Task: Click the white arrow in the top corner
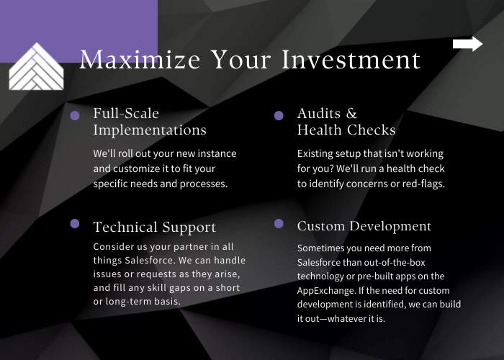click(x=468, y=44)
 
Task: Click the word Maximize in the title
click(x=140, y=60)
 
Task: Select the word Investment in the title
click(x=351, y=60)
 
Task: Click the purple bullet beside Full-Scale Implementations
click(x=75, y=116)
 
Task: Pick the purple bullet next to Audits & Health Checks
click(x=279, y=115)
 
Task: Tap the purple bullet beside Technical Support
click(x=75, y=223)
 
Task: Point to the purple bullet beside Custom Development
click(x=279, y=223)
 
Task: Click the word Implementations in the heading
click(x=150, y=130)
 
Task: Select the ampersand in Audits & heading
click(x=351, y=114)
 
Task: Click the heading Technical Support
click(x=155, y=227)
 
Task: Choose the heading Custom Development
click(x=364, y=226)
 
